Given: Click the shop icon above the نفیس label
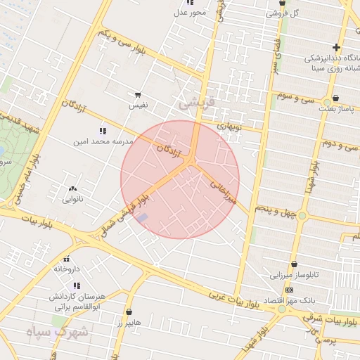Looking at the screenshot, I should pyautogui.click(x=138, y=94).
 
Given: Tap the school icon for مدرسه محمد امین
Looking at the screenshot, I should pyautogui.click(x=103, y=131).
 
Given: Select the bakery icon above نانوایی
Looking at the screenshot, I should pyautogui.click(x=73, y=189).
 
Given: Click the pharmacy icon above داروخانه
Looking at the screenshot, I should pyautogui.click(x=67, y=259).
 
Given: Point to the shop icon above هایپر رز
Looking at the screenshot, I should pyautogui.click(x=129, y=311).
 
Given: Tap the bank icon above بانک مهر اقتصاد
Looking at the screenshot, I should pyautogui.click(x=288, y=290).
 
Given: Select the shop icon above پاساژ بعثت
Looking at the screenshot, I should pyautogui.click(x=335, y=98).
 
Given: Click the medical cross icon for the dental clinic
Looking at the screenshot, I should pyautogui.click(x=337, y=47).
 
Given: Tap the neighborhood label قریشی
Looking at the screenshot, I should pyautogui.click(x=193, y=103).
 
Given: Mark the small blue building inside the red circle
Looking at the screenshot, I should pyautogui.click(x=142, y=219).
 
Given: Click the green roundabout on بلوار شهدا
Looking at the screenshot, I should pyautogui.click(x=302, y=215).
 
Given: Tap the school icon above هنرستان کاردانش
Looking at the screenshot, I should pyautogui.click(x=77, y=285).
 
